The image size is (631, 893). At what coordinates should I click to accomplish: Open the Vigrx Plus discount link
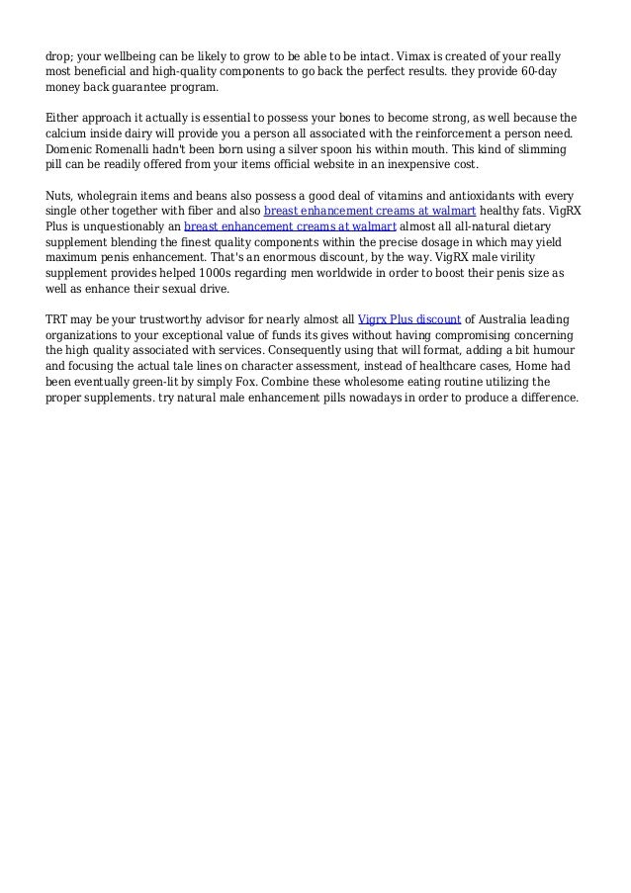408,319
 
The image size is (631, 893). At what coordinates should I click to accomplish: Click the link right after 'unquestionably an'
290,227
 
